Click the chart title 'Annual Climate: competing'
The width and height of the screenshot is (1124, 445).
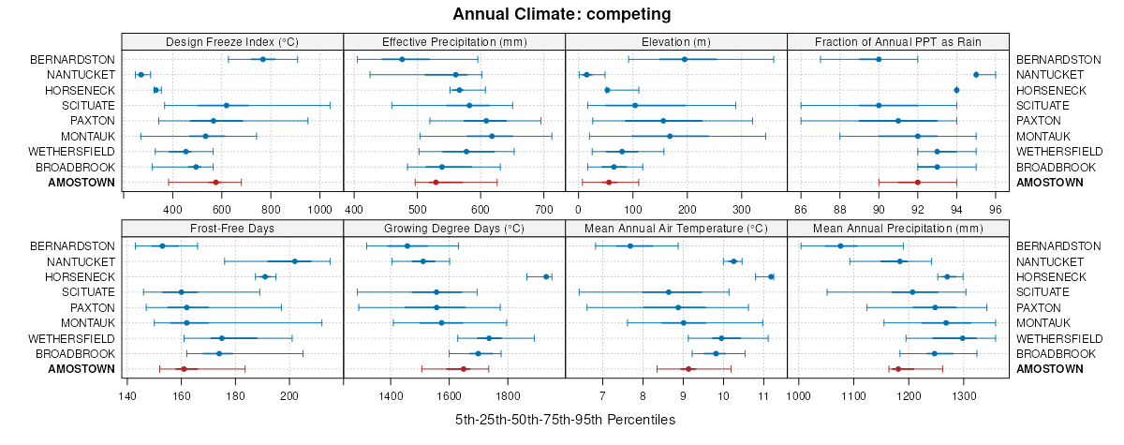point(561,14)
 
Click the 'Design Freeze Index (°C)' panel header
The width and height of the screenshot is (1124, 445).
point(232,41)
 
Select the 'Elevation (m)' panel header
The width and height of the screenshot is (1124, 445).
point(676,41)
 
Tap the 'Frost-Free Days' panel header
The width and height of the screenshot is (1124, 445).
point(232,228)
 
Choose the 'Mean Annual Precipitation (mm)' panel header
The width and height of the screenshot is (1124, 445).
point(898,228)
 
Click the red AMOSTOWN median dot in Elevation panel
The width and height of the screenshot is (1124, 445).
point(609,182)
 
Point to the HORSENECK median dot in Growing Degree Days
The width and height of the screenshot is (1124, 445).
point(546,276)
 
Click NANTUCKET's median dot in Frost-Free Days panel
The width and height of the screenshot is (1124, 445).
point(295,261)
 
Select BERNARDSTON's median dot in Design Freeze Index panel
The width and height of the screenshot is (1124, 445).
point(263,59)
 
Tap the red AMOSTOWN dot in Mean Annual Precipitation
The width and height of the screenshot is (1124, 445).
point(897,369)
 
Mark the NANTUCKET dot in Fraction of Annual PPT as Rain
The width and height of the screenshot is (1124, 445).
point(976,74)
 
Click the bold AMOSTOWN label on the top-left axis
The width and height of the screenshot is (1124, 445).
point(81,182)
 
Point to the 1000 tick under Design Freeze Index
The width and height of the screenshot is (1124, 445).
point(320,208)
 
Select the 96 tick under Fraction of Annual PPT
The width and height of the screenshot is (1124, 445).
point(996,208)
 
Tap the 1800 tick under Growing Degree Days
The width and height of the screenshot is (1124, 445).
point(508,394)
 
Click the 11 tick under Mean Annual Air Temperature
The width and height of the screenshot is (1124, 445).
point(763,394)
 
